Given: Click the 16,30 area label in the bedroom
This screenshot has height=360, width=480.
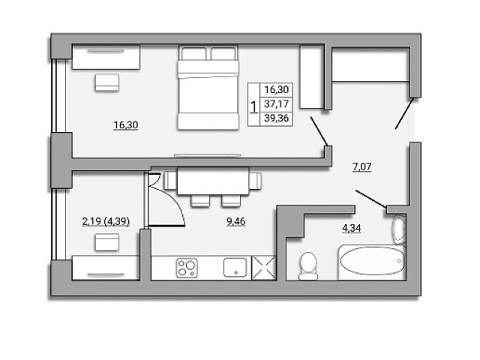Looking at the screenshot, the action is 126,125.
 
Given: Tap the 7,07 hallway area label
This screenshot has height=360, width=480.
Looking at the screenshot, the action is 362,166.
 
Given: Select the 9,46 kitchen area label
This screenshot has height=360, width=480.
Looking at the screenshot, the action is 235,221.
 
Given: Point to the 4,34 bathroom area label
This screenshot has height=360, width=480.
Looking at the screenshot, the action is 352,228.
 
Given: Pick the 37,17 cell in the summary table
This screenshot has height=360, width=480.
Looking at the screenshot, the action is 277,103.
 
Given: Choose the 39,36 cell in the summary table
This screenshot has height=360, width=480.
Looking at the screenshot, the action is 277,118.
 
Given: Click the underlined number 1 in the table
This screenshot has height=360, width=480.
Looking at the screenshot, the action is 253,107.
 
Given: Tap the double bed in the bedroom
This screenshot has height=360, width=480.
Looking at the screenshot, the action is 208,88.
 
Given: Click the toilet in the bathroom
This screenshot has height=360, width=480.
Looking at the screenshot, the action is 308,265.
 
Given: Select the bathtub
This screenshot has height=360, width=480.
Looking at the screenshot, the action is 372,262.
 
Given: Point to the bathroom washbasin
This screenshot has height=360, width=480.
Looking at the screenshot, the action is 400,229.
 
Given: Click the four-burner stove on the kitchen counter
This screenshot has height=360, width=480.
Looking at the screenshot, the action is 187,268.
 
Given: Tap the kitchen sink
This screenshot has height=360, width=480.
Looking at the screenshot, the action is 235,268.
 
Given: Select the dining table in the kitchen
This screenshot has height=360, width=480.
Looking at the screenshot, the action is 213,181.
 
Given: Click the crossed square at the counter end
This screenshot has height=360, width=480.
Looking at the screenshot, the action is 263,268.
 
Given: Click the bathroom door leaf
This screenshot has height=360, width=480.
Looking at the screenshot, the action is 371,199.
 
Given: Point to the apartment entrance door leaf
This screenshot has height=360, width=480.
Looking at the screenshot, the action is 405,112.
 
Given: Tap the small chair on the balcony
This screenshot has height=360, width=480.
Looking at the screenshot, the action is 106,242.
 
